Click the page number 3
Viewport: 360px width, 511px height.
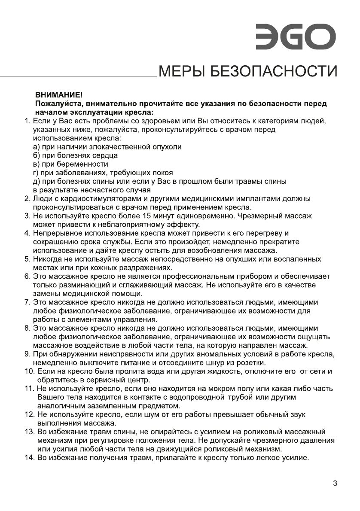click(x=335, y=483)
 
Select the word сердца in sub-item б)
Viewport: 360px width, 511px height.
click(x=107, y=155)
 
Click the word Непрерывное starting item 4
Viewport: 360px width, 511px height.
click(x=54, y=233)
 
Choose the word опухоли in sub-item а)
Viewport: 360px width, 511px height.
click(x=165, y=147)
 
